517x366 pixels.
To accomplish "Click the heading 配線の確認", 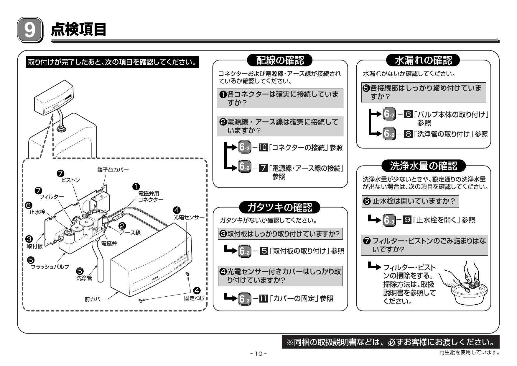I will pos(280,61).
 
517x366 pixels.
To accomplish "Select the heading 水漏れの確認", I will pos(423,61).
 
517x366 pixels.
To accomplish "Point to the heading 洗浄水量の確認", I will pos(424,166).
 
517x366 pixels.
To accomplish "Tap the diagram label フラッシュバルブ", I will pos(50,267).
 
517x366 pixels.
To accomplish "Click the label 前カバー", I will pos(95,299).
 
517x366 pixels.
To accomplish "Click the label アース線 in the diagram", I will pos(130,233).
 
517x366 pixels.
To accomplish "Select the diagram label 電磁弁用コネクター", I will pos(151,197).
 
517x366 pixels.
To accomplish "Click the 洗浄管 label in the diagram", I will pos(84,278).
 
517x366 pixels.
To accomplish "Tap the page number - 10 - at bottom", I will pos(258,353).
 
